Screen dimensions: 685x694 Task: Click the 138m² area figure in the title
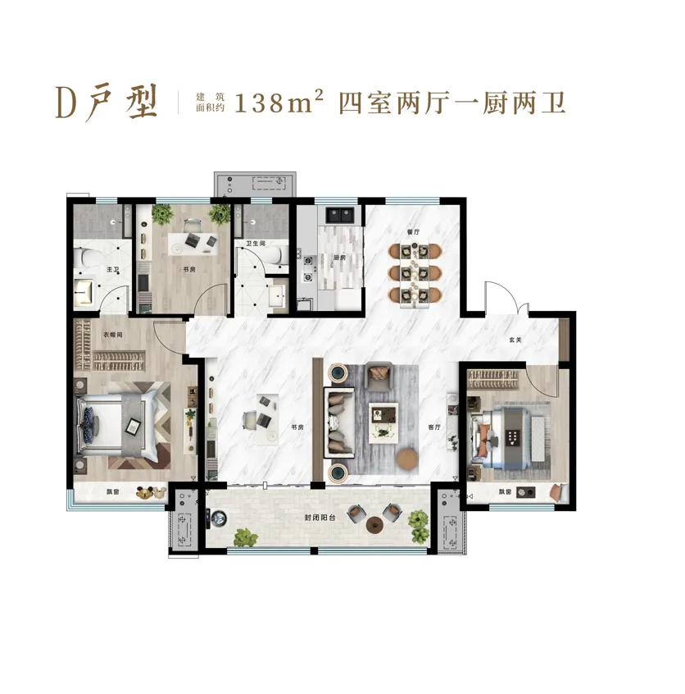coord(279,103)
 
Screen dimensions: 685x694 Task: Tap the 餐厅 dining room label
coord(414,231)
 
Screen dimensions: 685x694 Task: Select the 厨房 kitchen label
coord(339,258)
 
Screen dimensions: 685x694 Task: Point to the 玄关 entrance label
coord(515,340)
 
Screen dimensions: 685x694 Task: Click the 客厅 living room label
coord(434,427)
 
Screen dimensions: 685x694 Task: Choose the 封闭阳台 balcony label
coord(320,518)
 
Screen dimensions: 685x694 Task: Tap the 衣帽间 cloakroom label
coord(113,335)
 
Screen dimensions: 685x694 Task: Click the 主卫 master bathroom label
coord(113,269)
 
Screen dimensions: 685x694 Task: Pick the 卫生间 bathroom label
coord(256,244)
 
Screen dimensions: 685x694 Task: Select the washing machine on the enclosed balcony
coord(218,518)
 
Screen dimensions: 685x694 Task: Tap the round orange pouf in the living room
coord(407,459)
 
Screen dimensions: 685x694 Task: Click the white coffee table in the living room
coord(383,422)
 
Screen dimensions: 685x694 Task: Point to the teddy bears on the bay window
coord(151,493)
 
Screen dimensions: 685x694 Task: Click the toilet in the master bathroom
coord(83,258)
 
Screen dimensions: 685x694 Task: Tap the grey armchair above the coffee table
coord(379,377)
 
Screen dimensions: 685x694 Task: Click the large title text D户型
coord(107,103)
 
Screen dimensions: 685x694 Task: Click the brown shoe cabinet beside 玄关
coord(564,339)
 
